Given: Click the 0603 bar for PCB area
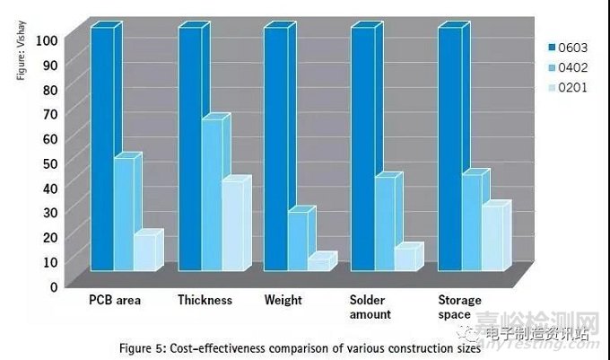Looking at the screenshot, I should coord(101,148).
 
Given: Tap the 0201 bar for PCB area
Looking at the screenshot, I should coord(144,252).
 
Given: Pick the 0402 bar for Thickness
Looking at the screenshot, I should coord(211,194).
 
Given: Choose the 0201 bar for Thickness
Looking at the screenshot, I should coord(231,224).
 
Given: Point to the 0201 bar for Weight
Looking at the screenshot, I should coord(318,263).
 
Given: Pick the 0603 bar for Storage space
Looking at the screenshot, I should coord(449,148).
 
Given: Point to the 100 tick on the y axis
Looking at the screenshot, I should coord(47,40).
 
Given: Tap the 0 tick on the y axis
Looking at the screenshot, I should coord(54,285).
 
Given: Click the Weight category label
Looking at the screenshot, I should coord(283,300).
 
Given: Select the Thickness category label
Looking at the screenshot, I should coord(205,300).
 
